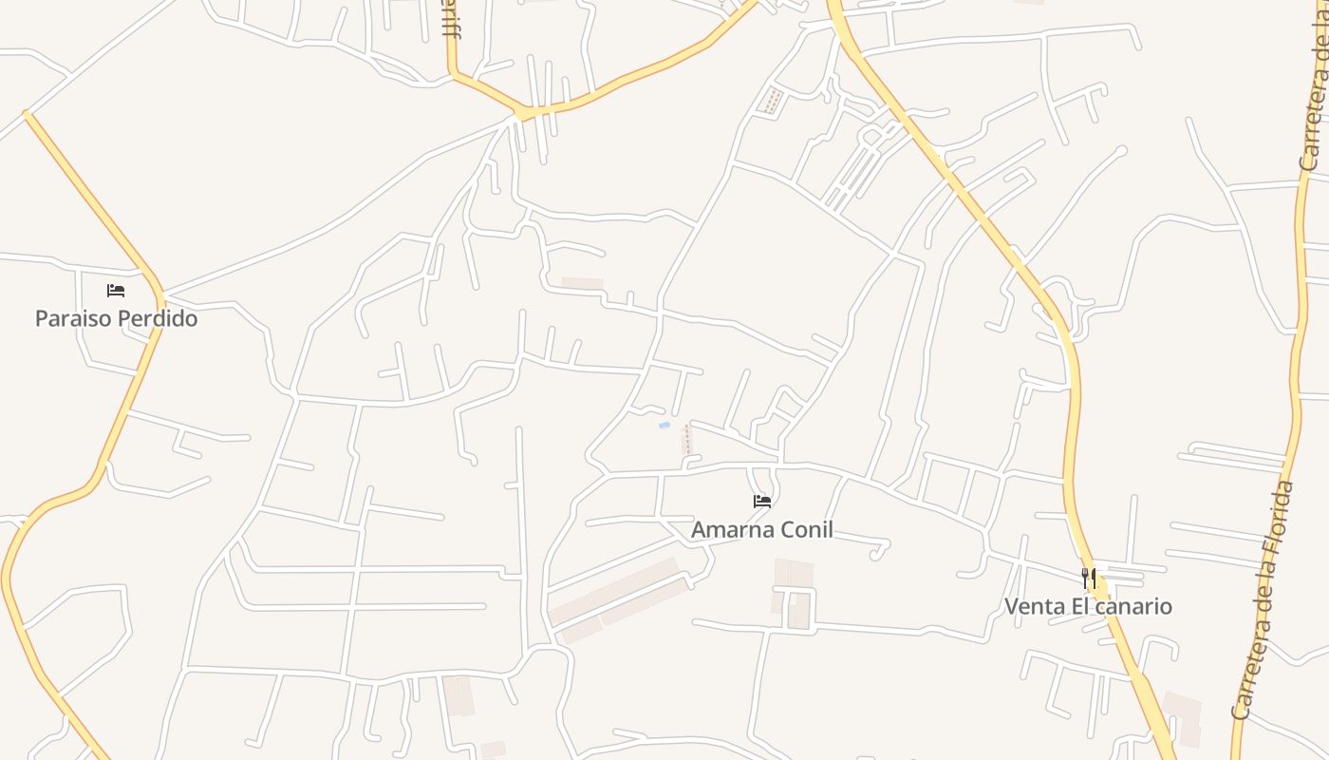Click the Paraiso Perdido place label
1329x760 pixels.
point(116,318)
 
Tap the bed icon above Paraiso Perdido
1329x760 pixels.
point(116,290)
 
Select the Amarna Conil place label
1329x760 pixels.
point(762,529)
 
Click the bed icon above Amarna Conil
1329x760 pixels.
point(762,501)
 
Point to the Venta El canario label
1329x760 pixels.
point(1088,606)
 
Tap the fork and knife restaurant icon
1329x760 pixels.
point(1089,577)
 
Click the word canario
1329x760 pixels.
point(1134,606)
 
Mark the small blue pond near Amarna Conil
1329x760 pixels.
point(664,425)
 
